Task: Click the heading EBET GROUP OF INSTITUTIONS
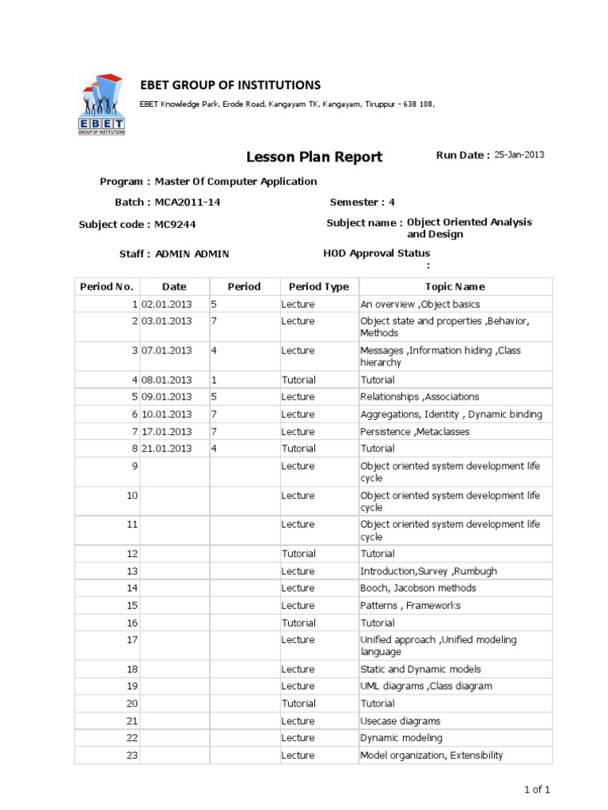(230, 85)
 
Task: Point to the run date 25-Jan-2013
(519, 155)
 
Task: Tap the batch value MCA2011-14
(188, 202)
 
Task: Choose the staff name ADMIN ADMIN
(192, 254)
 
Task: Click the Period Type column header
(318, 286)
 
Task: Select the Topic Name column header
(455, 286)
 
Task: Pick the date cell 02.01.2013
(167, 304)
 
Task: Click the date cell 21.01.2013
(167, 449)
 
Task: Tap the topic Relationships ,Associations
(420, 397)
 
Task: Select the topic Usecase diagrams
(401, 721)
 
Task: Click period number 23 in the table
(132, 755)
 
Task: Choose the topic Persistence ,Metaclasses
(415, 431)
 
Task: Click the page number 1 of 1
(537, 789)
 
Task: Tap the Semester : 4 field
(362, 202)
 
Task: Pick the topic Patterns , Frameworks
(410, 605)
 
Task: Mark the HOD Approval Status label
(377, 254)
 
